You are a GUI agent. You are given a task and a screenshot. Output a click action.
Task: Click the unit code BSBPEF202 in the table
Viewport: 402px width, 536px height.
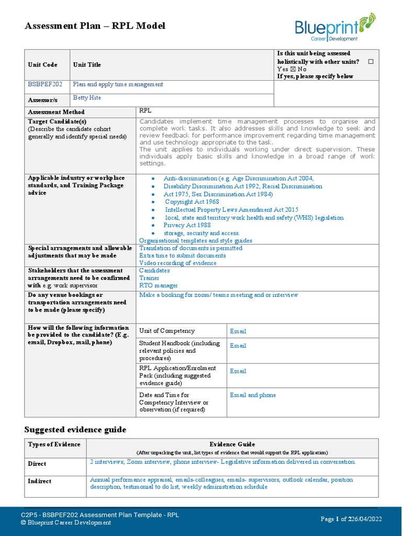pyautogui.click(x=41, y=85)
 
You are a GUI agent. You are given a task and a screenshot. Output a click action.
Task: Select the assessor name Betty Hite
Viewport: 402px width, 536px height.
pyautogui.click(x=87, y=98)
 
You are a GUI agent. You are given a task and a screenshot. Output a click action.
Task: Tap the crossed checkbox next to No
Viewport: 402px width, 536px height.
pyautogui.click(x=293, y=69)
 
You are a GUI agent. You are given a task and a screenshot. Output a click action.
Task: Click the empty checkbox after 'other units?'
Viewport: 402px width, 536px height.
pyautogui.click(x=371, y=62)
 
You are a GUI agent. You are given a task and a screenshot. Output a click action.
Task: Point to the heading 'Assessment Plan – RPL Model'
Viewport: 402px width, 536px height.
pyautogui.click(x=95, y=26)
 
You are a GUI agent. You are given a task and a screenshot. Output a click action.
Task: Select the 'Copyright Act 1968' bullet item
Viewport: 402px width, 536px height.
pyautogui.click(x=192, y=202)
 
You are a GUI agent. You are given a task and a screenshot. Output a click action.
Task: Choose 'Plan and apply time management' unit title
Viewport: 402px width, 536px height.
pyautogui.click(x=118, y=84)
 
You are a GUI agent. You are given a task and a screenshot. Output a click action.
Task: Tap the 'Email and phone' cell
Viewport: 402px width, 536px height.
pyautogui.click(x=253, y=395)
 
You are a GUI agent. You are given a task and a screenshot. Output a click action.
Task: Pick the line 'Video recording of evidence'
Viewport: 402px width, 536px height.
pyautogui.click(x=177, y=263)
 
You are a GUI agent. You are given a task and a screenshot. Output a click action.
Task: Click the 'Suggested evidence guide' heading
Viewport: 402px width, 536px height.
pyautogui.click(x=75, y=430)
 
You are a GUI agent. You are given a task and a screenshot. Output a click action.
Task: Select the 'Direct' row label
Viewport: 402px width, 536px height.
pyautogui.click(x=37, y=464)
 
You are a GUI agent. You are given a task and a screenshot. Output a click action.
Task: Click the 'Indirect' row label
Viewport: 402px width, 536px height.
pyautogui.click(x=40, y=481)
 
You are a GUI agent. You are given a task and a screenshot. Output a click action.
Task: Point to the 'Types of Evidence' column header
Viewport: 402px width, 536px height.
pyautogui.click(x=54, y=445)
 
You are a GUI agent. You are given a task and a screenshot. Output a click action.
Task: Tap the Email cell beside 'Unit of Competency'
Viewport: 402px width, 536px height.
pyautogui.click(x=238, y=331)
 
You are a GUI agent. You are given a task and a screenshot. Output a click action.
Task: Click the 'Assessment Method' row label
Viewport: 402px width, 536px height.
pyautogui.click(x=56, y=112)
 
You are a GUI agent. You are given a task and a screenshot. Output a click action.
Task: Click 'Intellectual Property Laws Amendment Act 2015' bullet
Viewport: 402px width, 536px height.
pyautogui.click(x=231, y=209)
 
